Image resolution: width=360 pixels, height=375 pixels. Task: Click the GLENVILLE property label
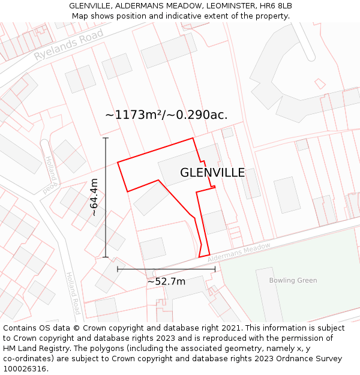point(212,173)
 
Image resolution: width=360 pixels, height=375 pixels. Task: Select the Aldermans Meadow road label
point(239,252)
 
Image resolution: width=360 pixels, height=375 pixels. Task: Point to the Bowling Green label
point(293,280)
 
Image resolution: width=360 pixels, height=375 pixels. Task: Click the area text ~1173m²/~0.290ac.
point(166,115)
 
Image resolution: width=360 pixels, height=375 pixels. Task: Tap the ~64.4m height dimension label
point(94,197)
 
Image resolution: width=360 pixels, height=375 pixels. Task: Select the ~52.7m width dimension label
point(166,281)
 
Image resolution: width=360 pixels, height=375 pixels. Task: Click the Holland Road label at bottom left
point(73,293)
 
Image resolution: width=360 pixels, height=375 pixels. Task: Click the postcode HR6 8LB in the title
point(276,6)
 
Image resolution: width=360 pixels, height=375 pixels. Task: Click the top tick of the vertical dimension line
point(106,138)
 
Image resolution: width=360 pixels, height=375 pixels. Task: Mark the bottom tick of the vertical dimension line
point(106,257)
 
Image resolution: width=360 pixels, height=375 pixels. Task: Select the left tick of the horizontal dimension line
point(118,269)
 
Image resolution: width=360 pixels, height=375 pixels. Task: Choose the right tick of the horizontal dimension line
point(215,269)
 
